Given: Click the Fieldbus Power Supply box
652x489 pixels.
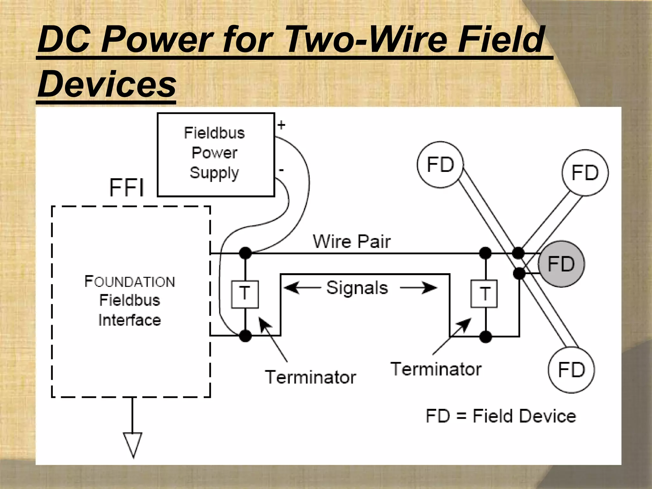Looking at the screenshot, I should pyautogui.click(x=216, y=155).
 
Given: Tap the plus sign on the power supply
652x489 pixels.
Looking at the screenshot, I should pyautogui.click(x=281, y=125).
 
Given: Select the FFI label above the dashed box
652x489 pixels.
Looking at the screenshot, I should pyautogui.click(x=127, y=188).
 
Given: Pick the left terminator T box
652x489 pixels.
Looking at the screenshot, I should pyautogui.click(x=244, y=294).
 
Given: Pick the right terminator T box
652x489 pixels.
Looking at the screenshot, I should pyautogui.click(x=484, y=294).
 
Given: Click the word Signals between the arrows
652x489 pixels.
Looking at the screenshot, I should pyautogui.click(x=357, y=288).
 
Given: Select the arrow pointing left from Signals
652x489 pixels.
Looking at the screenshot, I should pyautogui.click(x=301, y=288).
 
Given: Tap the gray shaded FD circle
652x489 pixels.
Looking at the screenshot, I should pyautogui.click(x=561, y=264).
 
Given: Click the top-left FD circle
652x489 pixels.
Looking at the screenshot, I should pyautogui.click(x=440, y=165).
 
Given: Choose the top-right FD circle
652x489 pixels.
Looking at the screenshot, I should pyautogui.click(x=585, y=173).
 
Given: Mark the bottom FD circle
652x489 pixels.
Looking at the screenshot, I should pyautogui.click(x=571, y=370).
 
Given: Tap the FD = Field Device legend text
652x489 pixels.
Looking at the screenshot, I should pyautogui.click(x=501, y=416).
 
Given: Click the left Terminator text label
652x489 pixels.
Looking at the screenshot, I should pyautogui.click(x=310, y=377).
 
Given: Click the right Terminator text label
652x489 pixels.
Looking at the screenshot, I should pyautogui.click(x=436, y=369).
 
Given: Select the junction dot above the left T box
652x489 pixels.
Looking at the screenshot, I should pyautogui.click(x=245, y=253).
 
